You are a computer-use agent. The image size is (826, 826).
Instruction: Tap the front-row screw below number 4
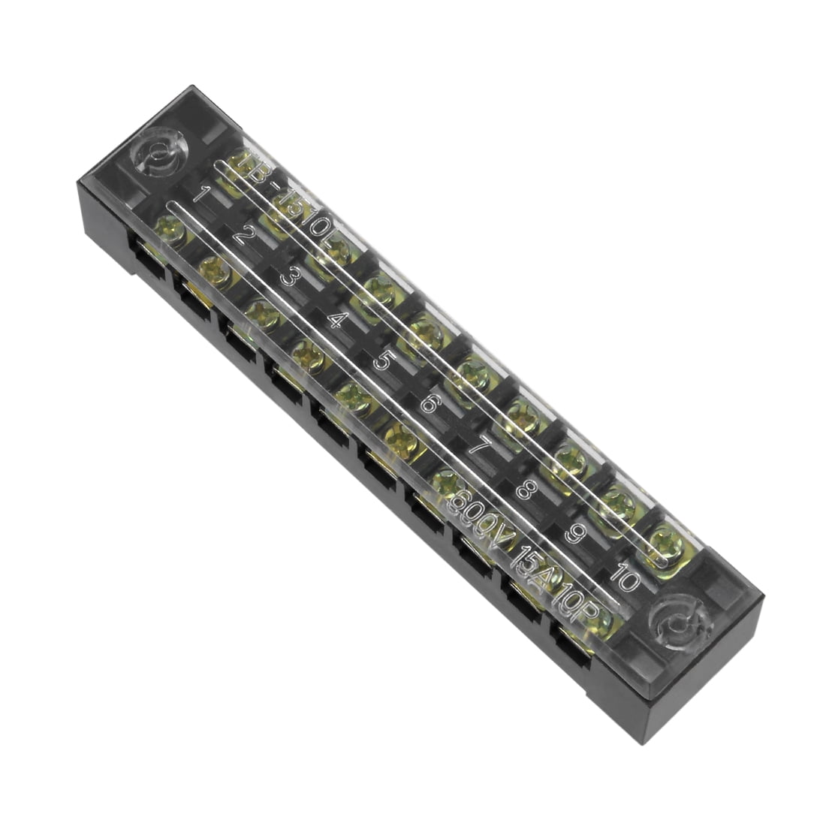click(x=308, y=354)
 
